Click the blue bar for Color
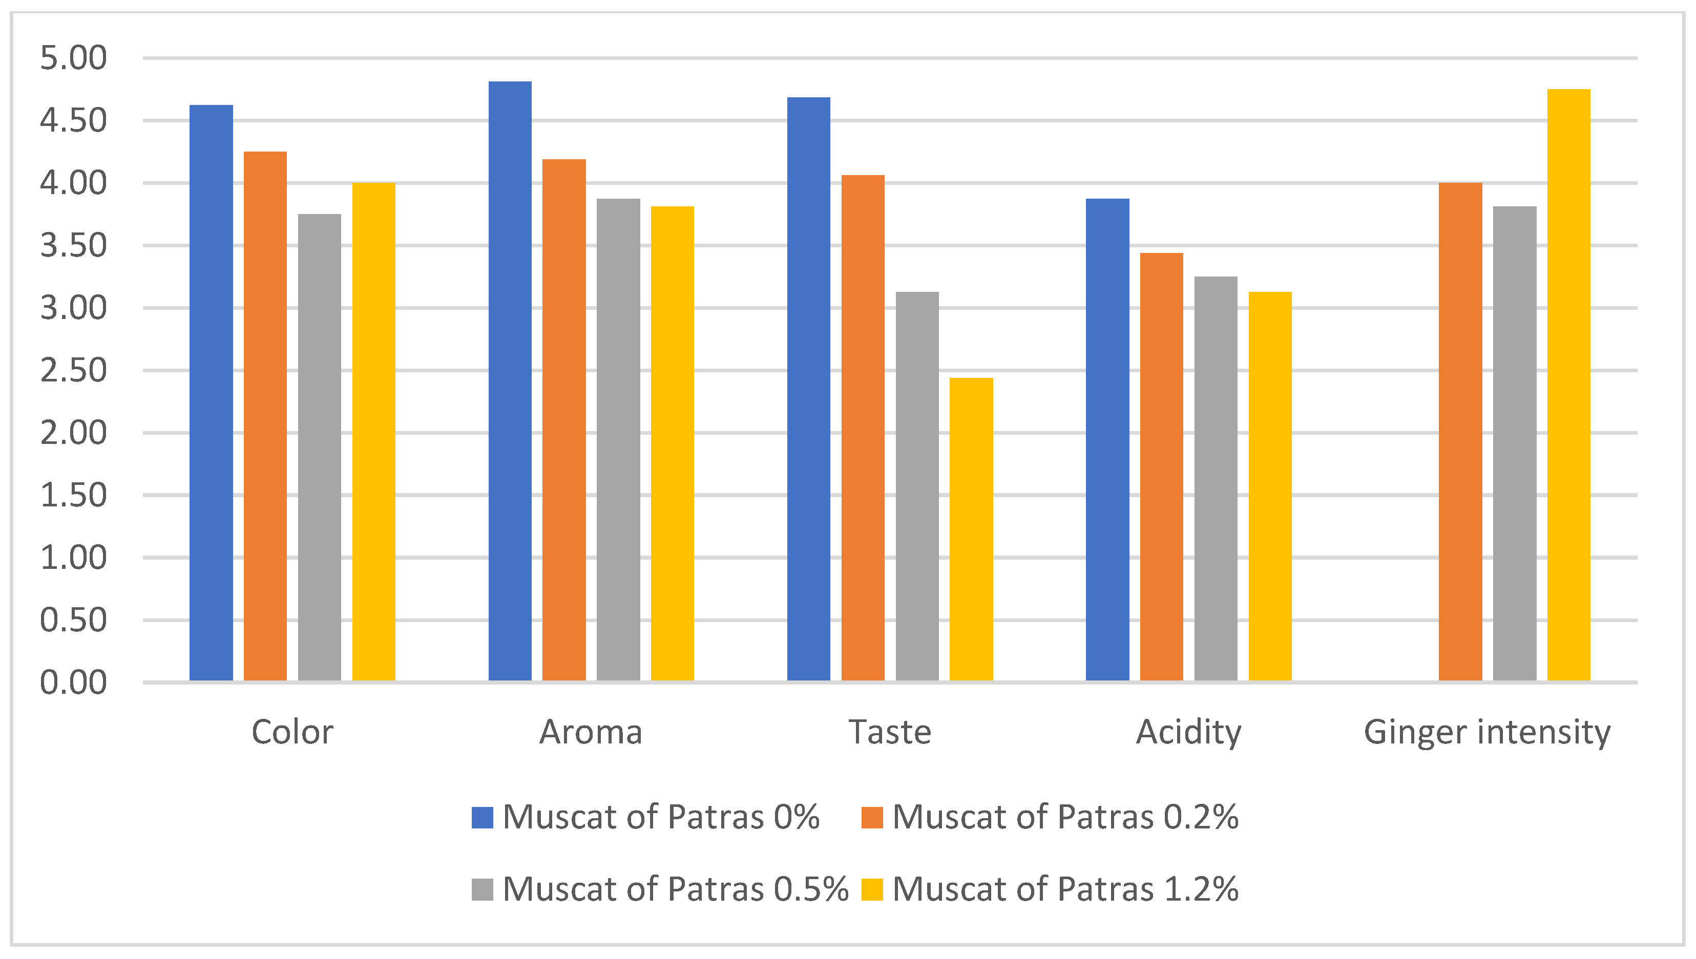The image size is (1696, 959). [211, 393]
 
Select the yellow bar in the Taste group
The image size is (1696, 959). [971, 529]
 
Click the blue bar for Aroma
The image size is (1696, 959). [510, 381]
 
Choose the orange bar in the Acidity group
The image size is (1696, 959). [1161, 466]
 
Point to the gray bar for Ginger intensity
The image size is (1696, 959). [1514, 443]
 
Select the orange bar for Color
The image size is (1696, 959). [265, 416]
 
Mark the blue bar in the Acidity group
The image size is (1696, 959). [1107, 439]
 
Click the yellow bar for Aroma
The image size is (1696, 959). [672, 443]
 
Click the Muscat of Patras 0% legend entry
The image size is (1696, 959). [646, 817]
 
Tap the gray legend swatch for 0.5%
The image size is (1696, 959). [483, 889]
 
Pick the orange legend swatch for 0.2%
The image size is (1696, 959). [872, 817]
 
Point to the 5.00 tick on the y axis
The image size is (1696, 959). [73, 58]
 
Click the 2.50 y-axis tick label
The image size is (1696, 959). [73, 370]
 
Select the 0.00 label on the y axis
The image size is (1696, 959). [73, 683]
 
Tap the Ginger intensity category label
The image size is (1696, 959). [1486, 732]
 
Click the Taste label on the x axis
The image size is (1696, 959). [890, 732]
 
